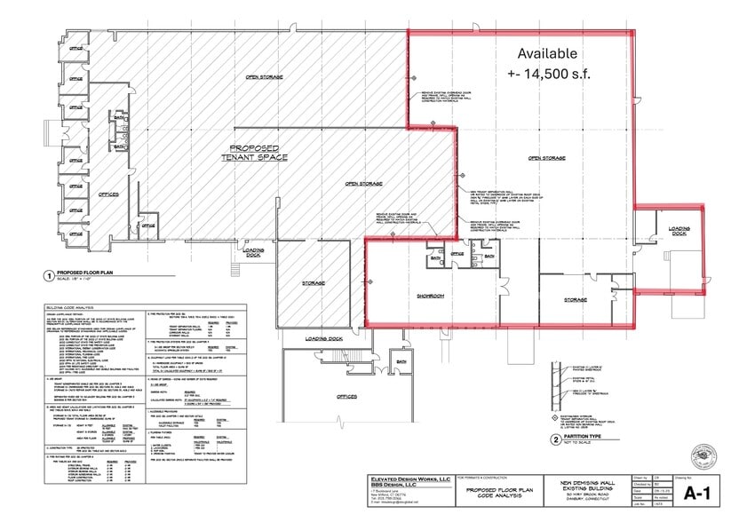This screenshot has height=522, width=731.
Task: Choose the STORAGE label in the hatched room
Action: pos(313,283)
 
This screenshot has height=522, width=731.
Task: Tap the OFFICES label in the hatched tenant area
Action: pos(107,194)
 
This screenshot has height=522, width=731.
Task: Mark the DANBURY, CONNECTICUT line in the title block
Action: pos(596,500)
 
